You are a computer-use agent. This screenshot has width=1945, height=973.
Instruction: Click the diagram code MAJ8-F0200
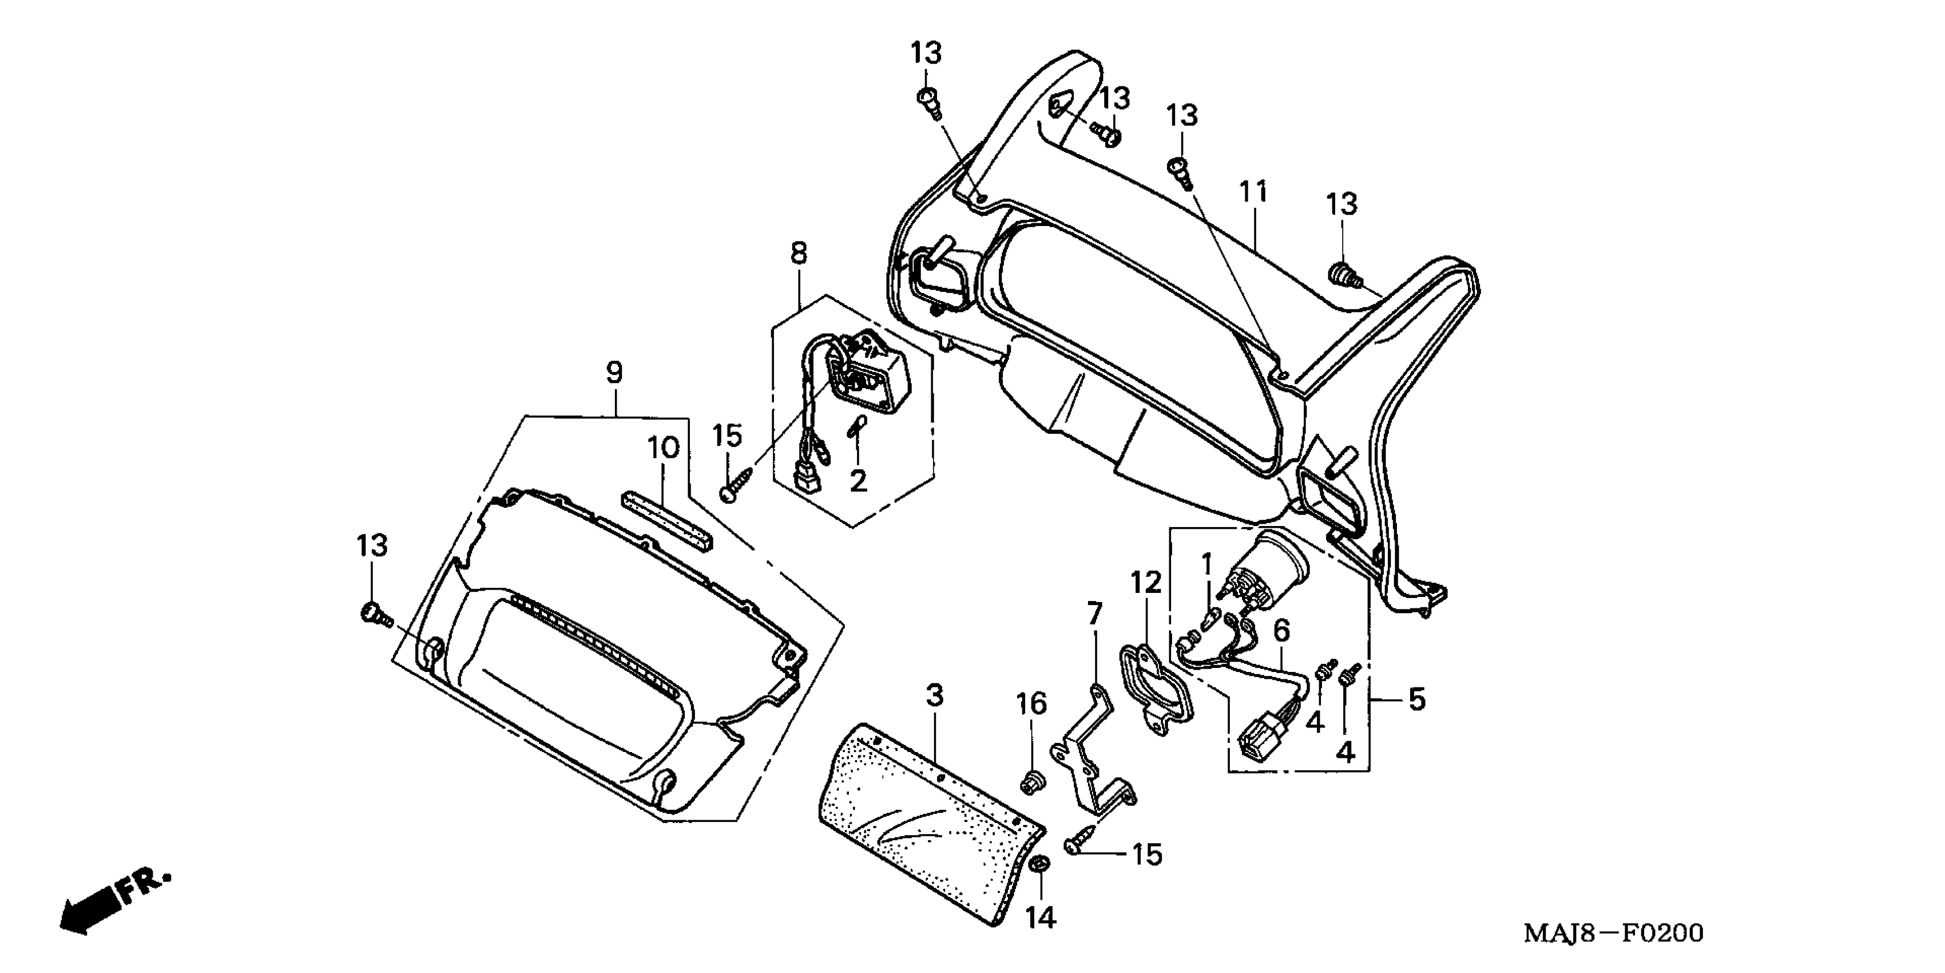click(x=1614, y=934)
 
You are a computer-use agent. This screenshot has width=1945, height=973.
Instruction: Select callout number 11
click(x=1253, y=193)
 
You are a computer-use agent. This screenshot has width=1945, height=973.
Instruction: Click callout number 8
click(x=799, y=253)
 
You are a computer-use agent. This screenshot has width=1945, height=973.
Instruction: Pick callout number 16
click(x=1031, y=704)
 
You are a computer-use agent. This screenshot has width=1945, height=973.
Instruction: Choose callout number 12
click(x=1145, y=583)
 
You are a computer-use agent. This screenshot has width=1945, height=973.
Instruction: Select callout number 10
click(x=664, y=448)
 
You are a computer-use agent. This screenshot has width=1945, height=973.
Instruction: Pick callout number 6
click(x=1282, y=630)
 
